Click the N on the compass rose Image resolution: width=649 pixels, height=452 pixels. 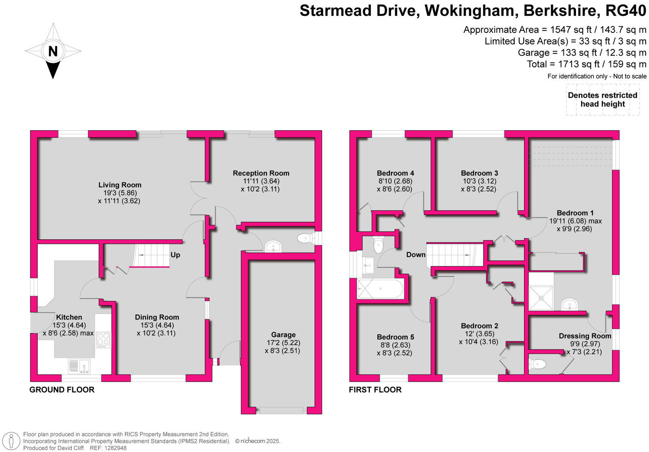[53, 51]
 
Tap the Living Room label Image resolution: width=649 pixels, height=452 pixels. [120, 185]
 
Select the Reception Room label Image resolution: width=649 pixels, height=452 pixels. [261, 173]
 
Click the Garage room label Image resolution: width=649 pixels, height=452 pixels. [283, 335]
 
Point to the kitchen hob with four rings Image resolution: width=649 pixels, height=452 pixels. [103, 340]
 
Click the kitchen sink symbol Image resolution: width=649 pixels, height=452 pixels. [80, 366]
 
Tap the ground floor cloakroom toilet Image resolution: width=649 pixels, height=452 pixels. [305, 238]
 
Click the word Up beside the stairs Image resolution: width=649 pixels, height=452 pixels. [175, 255]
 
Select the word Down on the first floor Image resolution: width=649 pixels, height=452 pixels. [416, 255]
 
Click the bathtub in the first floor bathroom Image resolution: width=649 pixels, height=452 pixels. [380, 289]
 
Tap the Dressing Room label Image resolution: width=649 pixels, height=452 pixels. [585, 336]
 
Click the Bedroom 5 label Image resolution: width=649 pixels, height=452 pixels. [395, 337]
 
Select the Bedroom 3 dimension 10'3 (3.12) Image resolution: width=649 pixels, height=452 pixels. [479, 181]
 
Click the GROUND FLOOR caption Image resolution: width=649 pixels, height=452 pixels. [62, 390]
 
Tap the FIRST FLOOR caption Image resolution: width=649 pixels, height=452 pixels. [375, 390]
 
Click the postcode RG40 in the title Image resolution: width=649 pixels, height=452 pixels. [625, 11]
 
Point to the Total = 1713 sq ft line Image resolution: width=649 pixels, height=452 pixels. [586, 64]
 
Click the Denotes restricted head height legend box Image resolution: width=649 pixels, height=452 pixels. [602, 100]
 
